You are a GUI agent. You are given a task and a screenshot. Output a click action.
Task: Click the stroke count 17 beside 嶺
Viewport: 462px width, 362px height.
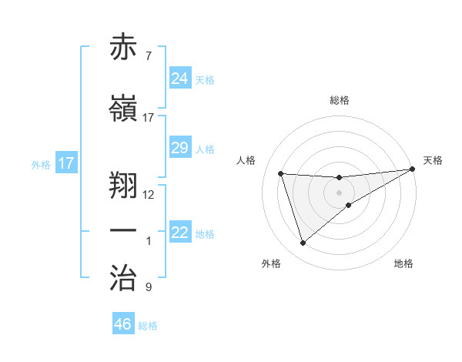point(149,118)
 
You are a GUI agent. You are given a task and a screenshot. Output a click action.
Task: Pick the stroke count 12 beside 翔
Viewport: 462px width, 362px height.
point(149,195)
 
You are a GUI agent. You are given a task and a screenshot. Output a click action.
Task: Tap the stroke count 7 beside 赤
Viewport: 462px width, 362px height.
point(149,56)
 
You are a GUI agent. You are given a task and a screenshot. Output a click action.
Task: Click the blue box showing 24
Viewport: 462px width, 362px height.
point(180,78)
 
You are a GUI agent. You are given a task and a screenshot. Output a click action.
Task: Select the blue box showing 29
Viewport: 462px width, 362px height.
point(180,148)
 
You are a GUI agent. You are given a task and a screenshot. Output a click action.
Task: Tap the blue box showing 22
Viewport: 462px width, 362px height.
point(180,233)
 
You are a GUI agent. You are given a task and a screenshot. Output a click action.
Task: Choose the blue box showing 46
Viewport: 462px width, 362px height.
point(123,323)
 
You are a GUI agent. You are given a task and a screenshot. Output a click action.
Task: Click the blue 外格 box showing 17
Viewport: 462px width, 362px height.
point(66,163)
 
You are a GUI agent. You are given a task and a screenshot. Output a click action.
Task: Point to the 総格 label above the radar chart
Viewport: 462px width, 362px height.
point(340,100)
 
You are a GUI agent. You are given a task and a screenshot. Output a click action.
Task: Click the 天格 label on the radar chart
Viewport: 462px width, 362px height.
point(433,160)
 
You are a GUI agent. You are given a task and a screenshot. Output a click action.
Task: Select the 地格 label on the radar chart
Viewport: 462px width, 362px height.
point(403,263)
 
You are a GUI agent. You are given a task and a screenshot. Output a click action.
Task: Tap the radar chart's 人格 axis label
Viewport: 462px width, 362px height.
point(246,160)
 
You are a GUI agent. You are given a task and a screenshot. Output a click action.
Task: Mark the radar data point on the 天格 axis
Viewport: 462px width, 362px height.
point(412,169)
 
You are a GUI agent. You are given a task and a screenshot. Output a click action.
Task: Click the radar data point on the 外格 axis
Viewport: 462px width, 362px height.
point(303,243)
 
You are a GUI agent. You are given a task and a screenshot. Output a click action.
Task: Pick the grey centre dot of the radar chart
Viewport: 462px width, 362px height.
point(340,192)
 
